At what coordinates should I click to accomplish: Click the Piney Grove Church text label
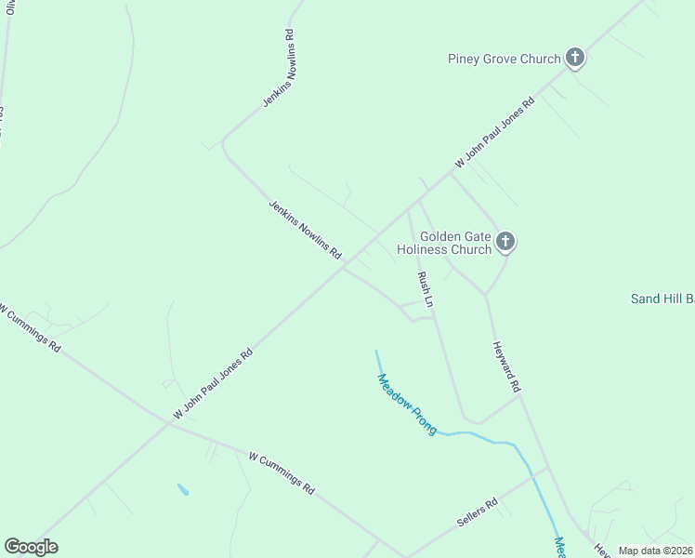coord(505,60)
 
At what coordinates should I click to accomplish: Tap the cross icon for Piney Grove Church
coord(575,59)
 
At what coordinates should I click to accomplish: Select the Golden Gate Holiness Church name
coord(443,243)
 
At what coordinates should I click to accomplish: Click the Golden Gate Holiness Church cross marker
coord(505,243)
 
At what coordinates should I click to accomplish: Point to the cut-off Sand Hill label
coord(662,299)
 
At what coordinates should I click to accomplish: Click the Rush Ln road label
coord(426,290)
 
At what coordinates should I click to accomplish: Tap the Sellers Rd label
coord(478,513)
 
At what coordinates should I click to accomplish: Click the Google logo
coord(31,547)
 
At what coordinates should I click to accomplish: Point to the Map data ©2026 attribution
coord(655,551)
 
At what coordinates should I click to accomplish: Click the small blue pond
coord(183,489)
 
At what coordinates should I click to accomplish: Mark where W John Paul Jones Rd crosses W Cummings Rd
coord(169,423)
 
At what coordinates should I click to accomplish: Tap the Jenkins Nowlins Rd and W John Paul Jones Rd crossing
coord(343,269)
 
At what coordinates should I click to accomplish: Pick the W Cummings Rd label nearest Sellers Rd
coord(282,472)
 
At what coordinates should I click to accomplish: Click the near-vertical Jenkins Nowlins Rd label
coord(280,68)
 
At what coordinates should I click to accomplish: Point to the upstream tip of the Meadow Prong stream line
coord(375,352)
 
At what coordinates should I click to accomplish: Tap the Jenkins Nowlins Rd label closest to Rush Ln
coord(305,229)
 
